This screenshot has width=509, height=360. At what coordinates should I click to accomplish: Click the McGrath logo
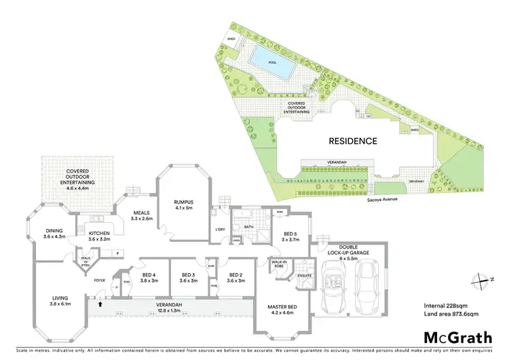click(457, 337)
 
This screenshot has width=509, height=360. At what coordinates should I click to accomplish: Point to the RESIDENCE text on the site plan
click(353, 141)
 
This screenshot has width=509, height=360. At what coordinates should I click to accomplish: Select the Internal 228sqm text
click(447, 304)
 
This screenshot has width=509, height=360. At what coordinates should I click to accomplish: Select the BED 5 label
click(290, 236)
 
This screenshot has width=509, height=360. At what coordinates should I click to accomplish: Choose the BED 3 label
click(188, 277)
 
